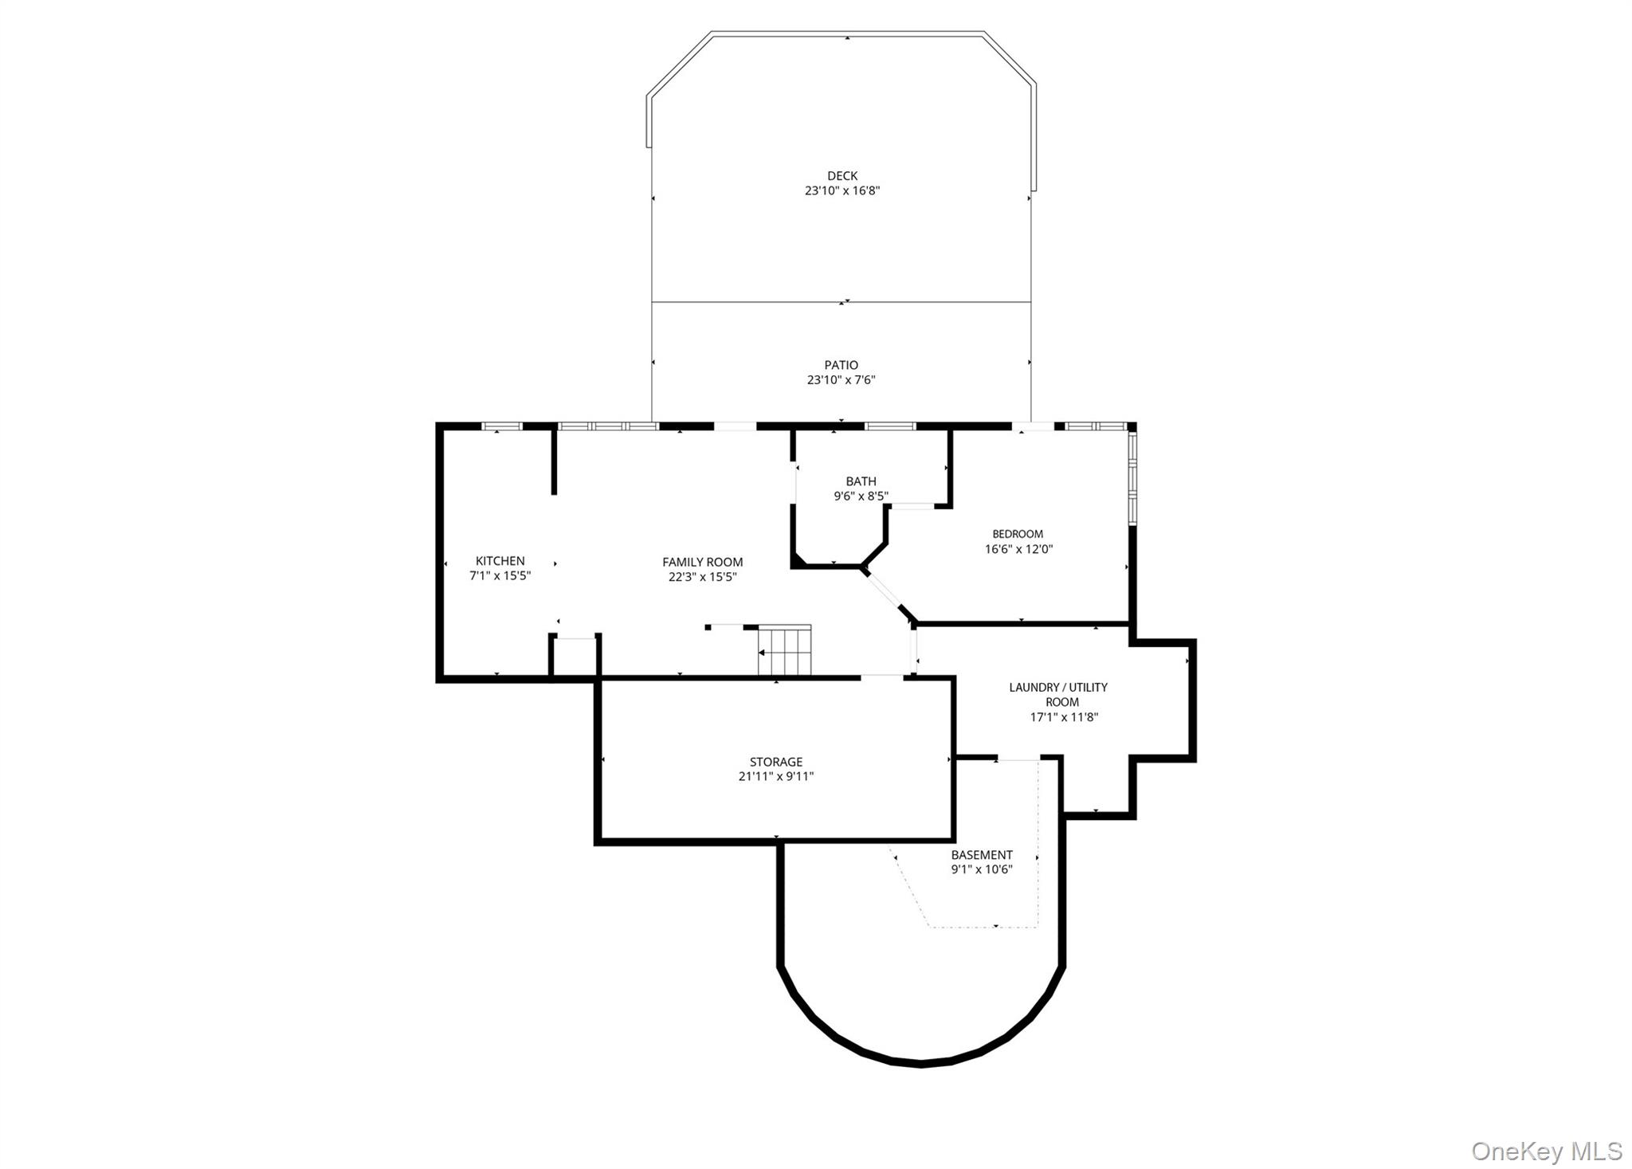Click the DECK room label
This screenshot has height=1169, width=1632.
click(x=842, y=176)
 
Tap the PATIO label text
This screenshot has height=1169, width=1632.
click(x=841, y=366)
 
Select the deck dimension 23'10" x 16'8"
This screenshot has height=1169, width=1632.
click(x=842, y=191)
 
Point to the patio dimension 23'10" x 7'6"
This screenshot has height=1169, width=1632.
click(x=841, y=380)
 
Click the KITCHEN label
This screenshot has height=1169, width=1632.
click(x=500, y=561)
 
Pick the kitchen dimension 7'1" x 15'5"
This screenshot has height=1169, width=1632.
click(x=500, y=576)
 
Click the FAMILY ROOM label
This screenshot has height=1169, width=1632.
click(x=703, y=563)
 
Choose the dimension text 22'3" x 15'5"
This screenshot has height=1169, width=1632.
click(x=703, y=577)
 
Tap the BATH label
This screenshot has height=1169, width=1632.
click(x=861, y=481)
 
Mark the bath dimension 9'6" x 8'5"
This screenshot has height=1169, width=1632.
click(x=861, y=496)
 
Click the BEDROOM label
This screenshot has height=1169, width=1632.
click(x=1018, y=534)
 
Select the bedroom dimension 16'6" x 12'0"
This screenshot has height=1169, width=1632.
click(x=1019, y=549)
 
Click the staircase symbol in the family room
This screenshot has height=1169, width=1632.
click(x=784, y=650)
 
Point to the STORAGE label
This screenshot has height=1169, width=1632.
click(x=776, y=762)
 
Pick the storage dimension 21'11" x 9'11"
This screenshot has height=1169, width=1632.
click(x=776, y=777)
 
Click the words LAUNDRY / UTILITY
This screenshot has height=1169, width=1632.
click(x=1058, y=688)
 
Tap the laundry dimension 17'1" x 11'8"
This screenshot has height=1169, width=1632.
click(x=1064, y=717)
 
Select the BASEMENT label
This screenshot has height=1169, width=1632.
click(x=982, y=855)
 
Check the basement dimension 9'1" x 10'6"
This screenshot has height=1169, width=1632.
click(x=982, y=869)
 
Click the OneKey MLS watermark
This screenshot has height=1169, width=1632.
click(x=1547, y=1151)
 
